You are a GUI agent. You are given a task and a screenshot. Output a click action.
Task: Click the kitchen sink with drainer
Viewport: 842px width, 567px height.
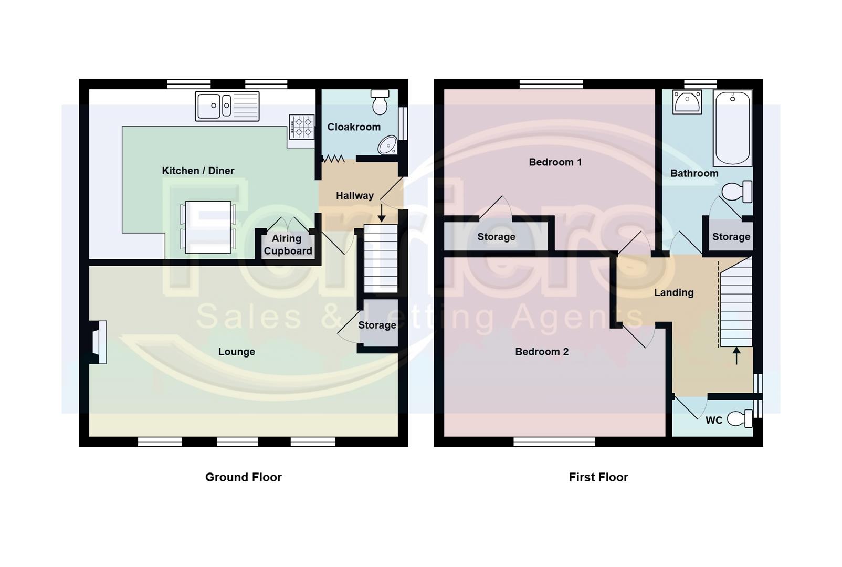point(227,106)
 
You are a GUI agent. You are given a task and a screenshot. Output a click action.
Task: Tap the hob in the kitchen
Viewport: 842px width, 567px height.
point(301,127)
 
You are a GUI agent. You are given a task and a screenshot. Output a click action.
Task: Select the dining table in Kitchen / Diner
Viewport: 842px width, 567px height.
point(208,227)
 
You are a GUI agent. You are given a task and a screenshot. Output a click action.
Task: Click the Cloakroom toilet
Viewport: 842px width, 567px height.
point(380,102)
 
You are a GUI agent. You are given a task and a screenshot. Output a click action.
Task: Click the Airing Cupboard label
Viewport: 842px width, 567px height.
point(288,245)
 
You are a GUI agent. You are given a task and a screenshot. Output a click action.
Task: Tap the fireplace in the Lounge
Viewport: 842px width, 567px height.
point(98,342)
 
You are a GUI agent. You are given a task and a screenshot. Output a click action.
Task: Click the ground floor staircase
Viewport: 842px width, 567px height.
point(381,258)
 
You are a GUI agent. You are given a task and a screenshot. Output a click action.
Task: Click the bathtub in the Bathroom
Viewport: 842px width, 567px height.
point(732,128)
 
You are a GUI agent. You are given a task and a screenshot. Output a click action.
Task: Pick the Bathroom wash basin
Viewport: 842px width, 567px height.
point(687,102)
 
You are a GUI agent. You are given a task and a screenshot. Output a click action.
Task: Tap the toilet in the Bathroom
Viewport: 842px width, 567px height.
point(737,192)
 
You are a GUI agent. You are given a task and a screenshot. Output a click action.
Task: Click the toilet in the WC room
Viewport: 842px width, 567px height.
point(741,418)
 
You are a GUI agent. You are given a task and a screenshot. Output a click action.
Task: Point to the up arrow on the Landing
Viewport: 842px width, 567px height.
point(736,355)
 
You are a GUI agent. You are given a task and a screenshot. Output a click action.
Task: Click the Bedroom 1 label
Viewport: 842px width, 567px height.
point(555,162)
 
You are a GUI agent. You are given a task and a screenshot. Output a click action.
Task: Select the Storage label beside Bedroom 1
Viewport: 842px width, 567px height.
point(496,237)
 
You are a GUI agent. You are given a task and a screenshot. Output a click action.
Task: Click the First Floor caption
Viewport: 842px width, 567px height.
point(598,477)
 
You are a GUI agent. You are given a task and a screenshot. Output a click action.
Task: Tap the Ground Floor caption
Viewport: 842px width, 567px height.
point(243,477)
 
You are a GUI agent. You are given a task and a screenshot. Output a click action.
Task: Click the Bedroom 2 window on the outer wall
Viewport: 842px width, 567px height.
point(554,442)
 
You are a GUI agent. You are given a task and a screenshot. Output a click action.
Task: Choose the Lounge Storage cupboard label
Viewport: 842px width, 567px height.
point(377,325)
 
